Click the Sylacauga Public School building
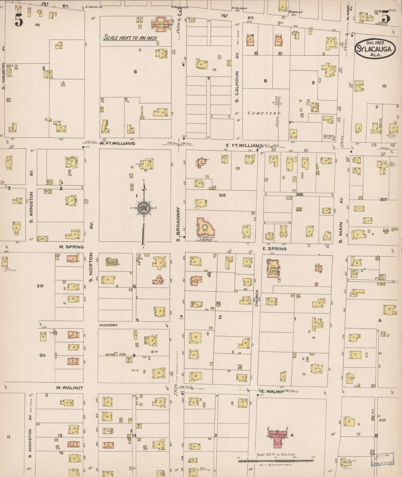click(x=278, y=436)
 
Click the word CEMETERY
click(x=263, y=113)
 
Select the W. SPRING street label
click(x=71, y=247)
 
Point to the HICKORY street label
click(x=108, y=325)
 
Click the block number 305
click(x=222, y=195)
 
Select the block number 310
click(x=40, y=286)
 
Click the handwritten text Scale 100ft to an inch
click(x=130, y=38)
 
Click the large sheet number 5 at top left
click(x=19, y=20)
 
